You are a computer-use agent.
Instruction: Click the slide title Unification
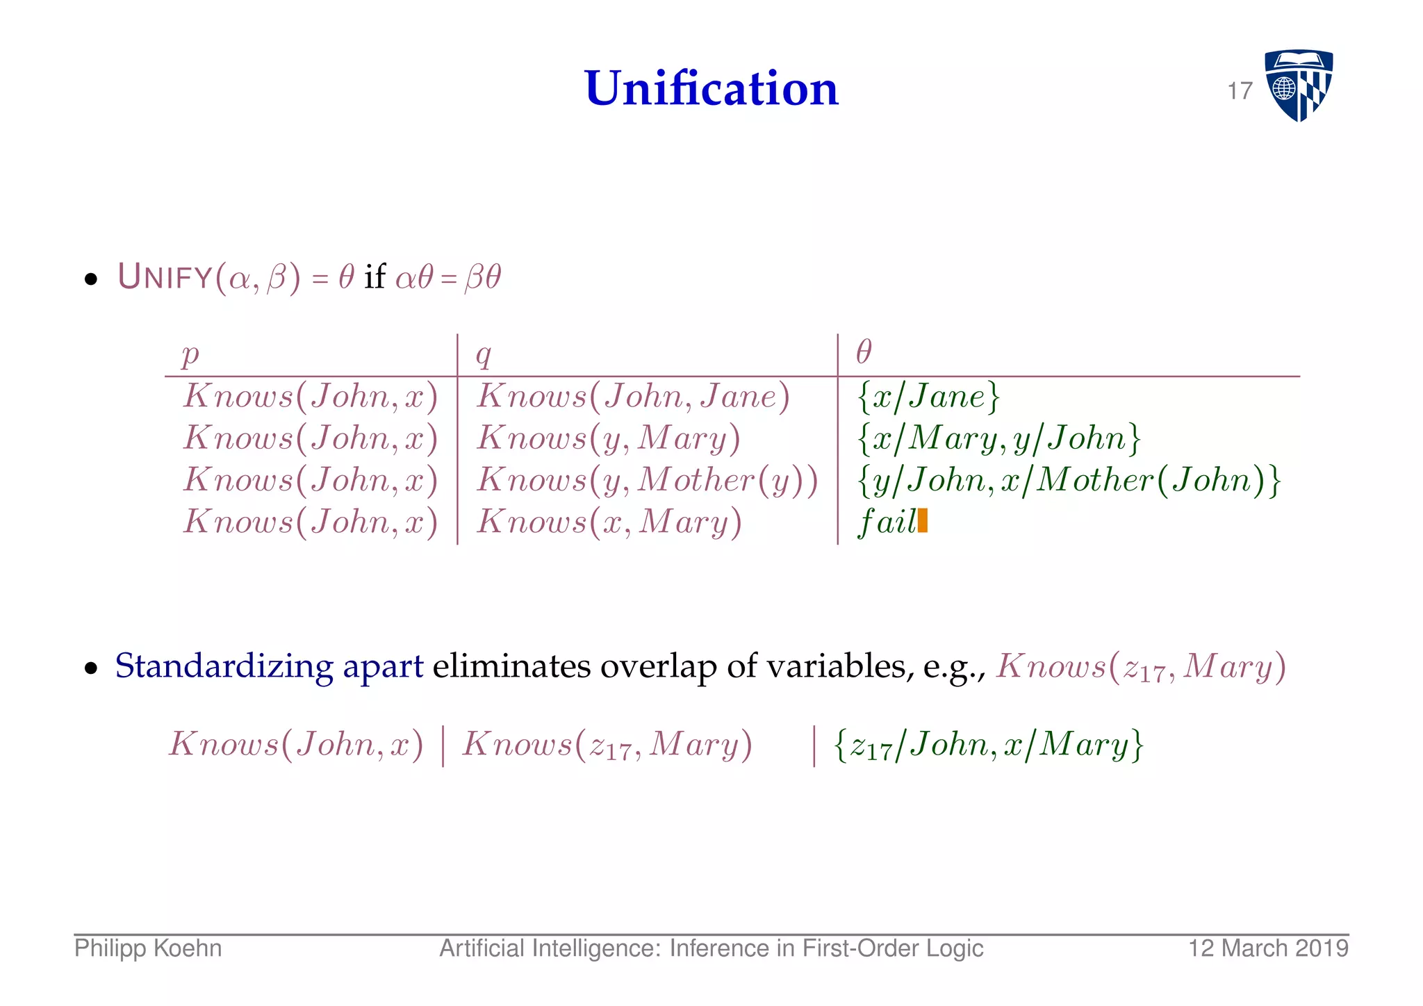(711, 89)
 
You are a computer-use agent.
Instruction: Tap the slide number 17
(1240, 91)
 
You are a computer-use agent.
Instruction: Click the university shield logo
(1298, 85)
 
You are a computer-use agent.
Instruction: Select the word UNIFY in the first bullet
(165, 277)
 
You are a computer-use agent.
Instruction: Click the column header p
(190, 354)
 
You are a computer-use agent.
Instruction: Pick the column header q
(484, 354)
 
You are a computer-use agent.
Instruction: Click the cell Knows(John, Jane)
(633, 397)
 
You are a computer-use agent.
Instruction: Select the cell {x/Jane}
(928, 397)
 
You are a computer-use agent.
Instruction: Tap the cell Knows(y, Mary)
(609, 438)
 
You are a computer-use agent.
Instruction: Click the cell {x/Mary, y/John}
(999, 438)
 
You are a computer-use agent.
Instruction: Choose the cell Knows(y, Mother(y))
(647, 480)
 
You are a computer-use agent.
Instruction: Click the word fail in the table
(887, 522)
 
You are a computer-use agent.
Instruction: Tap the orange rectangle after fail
(923, 520)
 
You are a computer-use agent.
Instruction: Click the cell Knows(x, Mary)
(609, 522)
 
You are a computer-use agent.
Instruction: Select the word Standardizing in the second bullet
(224, 666)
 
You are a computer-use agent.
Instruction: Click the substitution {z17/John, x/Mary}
(988, 745)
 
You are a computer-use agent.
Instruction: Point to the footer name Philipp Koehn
(148, 949)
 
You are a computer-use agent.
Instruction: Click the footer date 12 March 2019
(1268, 949)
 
